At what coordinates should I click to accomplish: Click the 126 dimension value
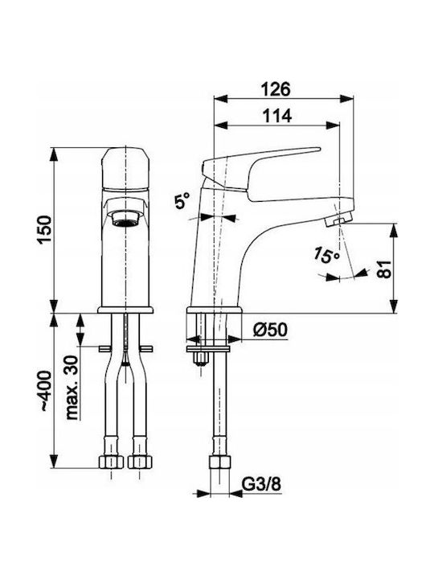pos(276,89)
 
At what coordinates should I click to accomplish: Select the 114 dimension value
pos(276,116)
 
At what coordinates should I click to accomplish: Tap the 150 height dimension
pos(45,230)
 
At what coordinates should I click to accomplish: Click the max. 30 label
pos(72,388)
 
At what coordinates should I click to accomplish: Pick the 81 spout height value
pos(384,269)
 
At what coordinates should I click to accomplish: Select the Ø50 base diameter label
pos(270,330)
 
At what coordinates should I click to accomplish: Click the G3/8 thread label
pos(261,484)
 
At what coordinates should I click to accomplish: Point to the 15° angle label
pos(326,255)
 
